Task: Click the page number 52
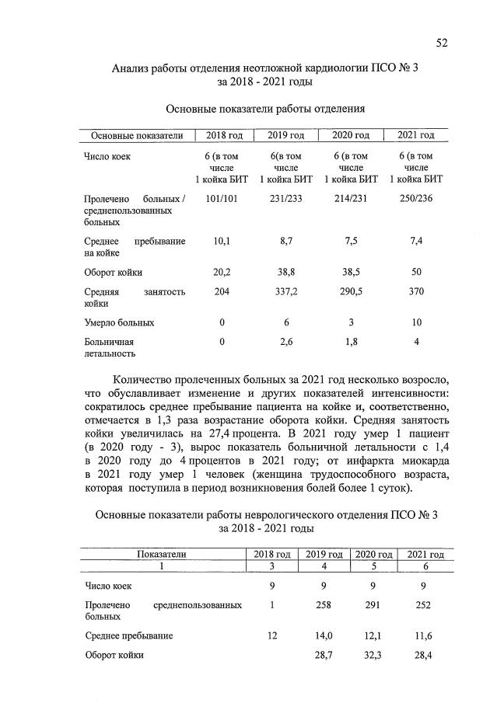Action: click(441, 43)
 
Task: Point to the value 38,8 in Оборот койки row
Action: click(286, 273)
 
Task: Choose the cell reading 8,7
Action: click(286, 242)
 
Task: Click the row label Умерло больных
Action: click(119, 322)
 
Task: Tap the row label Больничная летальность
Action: click(110, 346)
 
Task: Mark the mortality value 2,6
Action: click(286, 341)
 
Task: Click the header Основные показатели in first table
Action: click(137, 135)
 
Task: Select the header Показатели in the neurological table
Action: click(163, 554)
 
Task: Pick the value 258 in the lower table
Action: click(324, 604)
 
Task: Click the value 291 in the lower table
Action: click(373, 604)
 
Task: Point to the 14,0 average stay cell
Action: click(324, 635)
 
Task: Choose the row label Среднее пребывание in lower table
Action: click(128, 635)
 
